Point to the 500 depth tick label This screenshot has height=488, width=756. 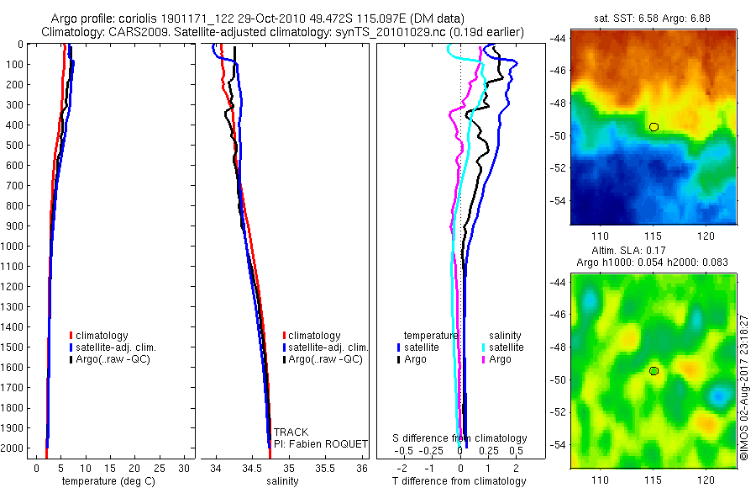[x=13, y=145]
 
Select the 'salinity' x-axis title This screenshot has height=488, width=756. [x=283, y=481]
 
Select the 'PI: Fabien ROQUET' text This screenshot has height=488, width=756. [x=322, y=443]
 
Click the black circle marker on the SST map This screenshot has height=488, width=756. [x=654, y=127]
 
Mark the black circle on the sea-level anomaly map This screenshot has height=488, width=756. [x=654, y=371]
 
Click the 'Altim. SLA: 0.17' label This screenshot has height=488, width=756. [x=652, y=252]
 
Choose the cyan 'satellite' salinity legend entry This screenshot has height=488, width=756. [x=507, y=347]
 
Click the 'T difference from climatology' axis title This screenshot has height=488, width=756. [x=460, y=481]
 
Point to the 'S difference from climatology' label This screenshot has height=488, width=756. [x=460, y=438]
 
